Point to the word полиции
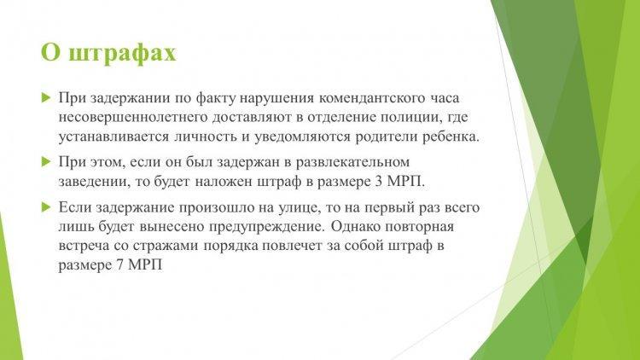click(x=411, y=118)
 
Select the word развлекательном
click(x=352, y=162)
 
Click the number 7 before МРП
click(x=120, y=265)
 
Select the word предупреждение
click(x=267, y=228)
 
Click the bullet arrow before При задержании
click(x=46, y=98)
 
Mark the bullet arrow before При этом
click(x=46, y=162)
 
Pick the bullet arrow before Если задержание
click(x=46, y=208)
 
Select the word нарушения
click(x=277, y=99)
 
